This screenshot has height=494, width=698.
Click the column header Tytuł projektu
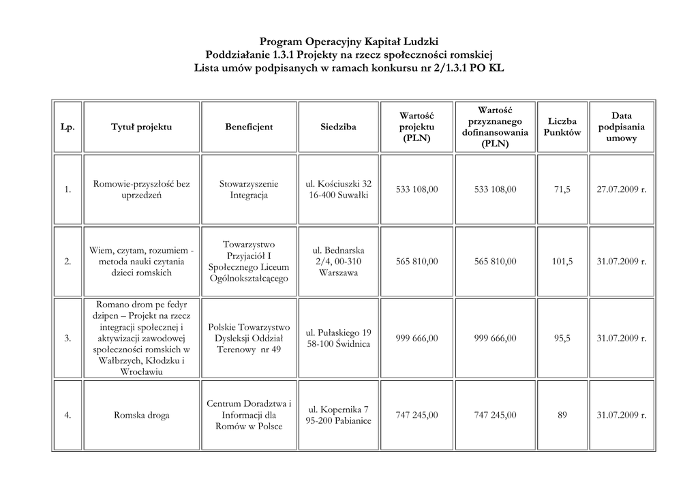point(141,127)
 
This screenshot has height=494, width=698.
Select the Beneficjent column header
point(249,127)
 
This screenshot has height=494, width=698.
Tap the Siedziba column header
point(338,127)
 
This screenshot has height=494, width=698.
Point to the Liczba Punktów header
point(562,127)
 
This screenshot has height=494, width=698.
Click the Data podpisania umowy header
point(621,127)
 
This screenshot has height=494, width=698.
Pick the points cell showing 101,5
point(562,261)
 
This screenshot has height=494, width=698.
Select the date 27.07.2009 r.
point(621,189)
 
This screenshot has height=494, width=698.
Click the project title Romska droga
point(141,415)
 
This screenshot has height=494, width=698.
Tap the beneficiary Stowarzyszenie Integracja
point(249,189)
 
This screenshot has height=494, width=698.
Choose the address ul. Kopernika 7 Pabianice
point(338,415)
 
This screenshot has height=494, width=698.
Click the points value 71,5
point(562,189)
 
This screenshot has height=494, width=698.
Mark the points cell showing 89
point(562,415)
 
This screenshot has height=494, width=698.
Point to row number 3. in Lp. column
point(67,338)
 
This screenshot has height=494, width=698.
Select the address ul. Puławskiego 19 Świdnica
point(338,338)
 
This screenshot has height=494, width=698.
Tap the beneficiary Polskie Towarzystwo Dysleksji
point(249,338)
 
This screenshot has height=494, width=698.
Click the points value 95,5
point(562,338)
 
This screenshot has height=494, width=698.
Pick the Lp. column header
point(67,127)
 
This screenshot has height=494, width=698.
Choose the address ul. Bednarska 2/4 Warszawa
point(338,261)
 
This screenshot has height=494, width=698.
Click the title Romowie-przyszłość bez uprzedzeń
point(141,189)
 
